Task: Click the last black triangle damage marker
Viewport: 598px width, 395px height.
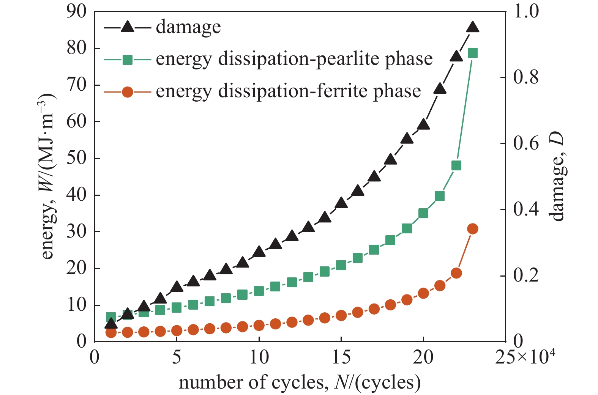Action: (473, 27)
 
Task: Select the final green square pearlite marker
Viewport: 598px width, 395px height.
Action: (473, 53)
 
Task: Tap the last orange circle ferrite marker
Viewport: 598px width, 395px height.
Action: (473, 229)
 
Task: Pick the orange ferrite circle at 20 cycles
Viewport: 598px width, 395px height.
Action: (423, 293)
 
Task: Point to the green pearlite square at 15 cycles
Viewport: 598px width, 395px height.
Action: (341, 265)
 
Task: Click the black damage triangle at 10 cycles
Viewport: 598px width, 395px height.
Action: (259, 251)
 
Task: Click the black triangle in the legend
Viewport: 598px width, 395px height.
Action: (128, 27)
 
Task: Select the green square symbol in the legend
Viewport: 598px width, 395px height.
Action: (128, 60)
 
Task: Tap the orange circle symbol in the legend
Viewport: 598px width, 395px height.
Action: (128, 92)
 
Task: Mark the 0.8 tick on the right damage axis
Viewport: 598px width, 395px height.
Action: (525, 77)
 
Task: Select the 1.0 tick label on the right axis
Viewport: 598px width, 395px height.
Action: (525, 12)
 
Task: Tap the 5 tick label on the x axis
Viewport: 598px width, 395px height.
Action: (177, 358)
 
